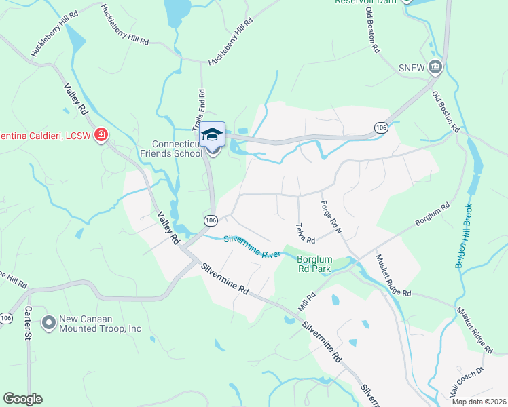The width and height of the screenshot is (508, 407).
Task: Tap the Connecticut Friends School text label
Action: [x=178, y=149]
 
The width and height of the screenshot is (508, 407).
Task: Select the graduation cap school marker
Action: [x=213, y=134]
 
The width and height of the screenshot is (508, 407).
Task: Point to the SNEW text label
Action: [x=411, y=66]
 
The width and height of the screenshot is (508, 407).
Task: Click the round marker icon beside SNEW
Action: [x=435, y=66]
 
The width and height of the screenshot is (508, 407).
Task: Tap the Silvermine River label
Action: [x=252, y=246]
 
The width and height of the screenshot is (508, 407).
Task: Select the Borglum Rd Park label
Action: [x=314, y=263]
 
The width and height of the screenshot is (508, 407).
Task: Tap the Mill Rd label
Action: [x=307, y=298]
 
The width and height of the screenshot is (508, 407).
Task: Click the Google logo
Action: [x=22, y=399]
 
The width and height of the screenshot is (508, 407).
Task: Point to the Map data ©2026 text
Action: [x=478, y=402]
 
